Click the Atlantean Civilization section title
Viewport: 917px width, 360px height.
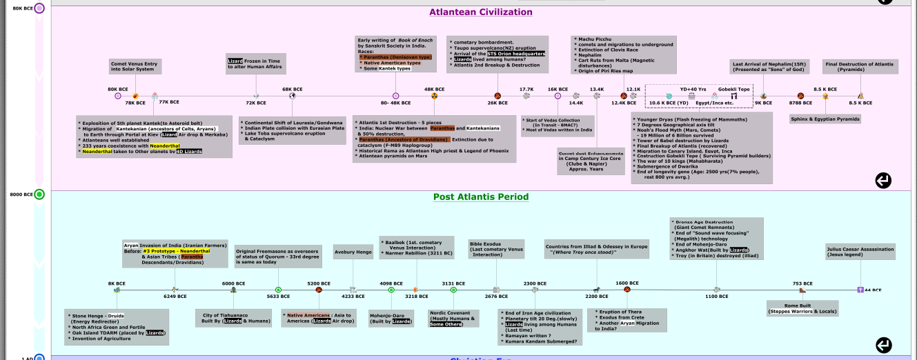tap(480, 12)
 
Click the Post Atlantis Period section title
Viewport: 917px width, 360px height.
tap(480, 197)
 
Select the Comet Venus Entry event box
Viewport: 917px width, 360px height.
tap(135, 67)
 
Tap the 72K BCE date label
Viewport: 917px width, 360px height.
tap(255, 103)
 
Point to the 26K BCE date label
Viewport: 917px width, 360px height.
tap(497, 103)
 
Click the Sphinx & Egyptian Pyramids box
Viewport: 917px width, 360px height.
tap(825, 119)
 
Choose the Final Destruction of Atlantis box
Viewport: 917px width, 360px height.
tap(859, 67)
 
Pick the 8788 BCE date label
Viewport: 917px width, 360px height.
tap(800, 103)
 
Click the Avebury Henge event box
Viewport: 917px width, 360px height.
tap(353, 252)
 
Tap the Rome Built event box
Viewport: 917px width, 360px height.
tap(802, 308)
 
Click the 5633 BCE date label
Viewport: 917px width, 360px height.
tap(278, 297)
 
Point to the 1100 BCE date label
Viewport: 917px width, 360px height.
tap(717, 297)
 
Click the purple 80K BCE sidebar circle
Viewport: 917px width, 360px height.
tap(39, 8)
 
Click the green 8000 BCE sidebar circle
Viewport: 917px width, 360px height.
tap(39, 194)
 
